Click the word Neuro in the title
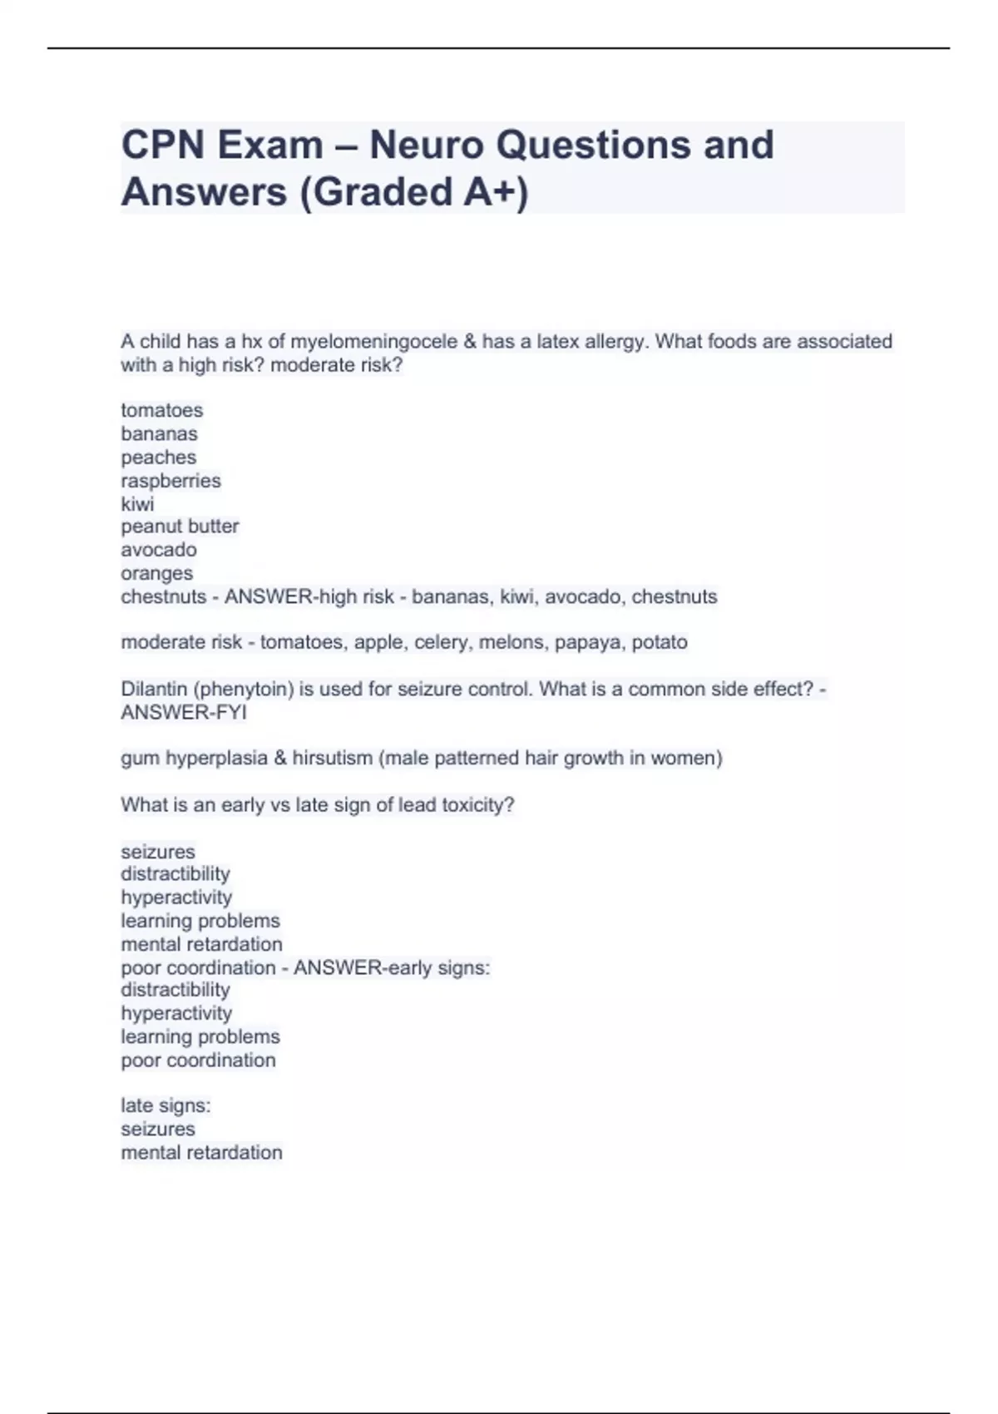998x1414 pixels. (426, 145)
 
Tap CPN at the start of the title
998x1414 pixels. (163, 145)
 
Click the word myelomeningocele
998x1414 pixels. (373, 341)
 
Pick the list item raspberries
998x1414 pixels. (170, 481)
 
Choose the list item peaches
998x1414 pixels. (159, 457)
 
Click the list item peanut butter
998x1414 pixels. (180, 527)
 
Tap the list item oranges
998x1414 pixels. (156, 573)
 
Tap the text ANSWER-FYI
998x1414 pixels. (184, 712)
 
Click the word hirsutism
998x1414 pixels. (333, 758)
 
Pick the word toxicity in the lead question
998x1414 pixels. (477, 805)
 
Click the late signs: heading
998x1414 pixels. (166, 1105)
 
